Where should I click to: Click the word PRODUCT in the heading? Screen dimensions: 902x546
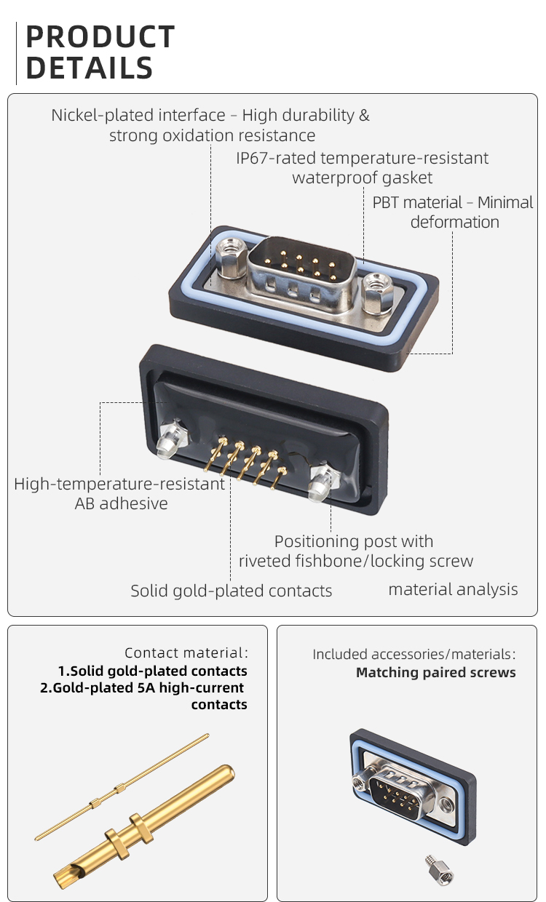pos(100,37)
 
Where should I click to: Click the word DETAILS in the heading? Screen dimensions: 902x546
pos(89,68)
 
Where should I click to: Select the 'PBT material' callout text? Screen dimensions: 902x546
pos(417,202)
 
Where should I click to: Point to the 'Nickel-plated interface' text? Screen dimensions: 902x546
pos(138,115)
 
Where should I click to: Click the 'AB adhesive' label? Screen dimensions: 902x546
pos(121,503)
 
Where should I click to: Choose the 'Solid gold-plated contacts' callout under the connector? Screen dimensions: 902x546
pos(231,591)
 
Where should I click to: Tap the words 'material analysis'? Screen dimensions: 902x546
pos(453,589)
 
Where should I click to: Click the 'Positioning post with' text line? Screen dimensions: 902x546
pos(354,541)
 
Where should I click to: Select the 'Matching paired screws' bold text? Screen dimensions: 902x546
pos(435,673)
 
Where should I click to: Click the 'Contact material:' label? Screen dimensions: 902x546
pos(186,653)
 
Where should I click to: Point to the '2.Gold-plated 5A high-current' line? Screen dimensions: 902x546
pos(142,688)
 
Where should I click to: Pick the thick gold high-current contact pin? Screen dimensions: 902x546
pos(146,826)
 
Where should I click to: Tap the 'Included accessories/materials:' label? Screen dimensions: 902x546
pos(414,654)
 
